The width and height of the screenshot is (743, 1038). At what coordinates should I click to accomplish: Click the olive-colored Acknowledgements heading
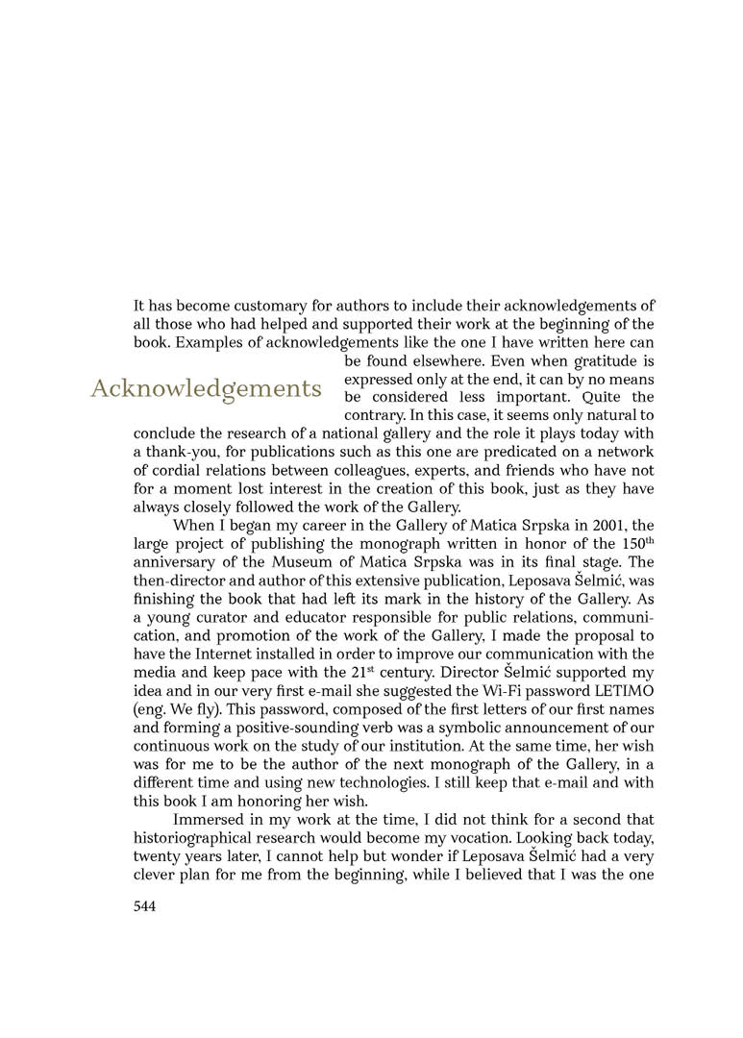[x=206, y=388]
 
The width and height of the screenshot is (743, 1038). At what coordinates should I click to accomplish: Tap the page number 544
[x=144, y=905]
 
